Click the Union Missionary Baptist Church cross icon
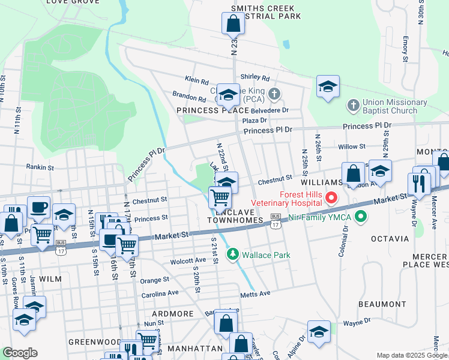click(x=353, y=106)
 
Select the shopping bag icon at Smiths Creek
click(x=234, y=23)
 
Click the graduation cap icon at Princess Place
click(x=228, y=94)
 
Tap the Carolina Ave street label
click(x=160, y=294)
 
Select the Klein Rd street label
click(x=196, y=80)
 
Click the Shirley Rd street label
click(x=255, y=77)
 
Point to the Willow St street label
click(x=352, y=146)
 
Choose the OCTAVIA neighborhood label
click(x=390, y=239)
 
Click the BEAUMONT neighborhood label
click(x=382, y=304)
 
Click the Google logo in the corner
click(x=20, y=353)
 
